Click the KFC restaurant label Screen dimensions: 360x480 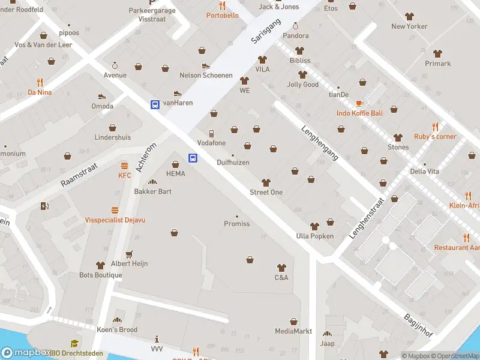(x=124, y=175)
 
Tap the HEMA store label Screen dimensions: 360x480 (x=176, y=173)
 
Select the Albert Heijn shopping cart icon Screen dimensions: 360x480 (x=129, y=254)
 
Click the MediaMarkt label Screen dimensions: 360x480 (x=293, y=331)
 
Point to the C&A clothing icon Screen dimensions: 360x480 (x=281, y=268)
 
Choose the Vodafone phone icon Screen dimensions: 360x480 (x=211, y=133)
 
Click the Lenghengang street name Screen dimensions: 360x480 (x=320, y=142)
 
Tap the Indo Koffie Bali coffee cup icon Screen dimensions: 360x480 (x=359, y=103)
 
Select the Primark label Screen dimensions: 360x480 (x=437, y=64)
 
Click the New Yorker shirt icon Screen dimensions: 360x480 (x=409, y=16)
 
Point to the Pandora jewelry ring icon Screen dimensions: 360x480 (x=295, y=26)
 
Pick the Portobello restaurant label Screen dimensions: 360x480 (x=222, y=15)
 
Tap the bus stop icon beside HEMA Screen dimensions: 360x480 (x=193, y=158)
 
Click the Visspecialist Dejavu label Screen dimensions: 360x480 (x=115, y=220)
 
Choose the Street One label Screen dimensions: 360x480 (x=266, y=192)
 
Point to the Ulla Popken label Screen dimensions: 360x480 (x=314, y=236)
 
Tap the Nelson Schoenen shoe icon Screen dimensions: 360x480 (x=206, y=66)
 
